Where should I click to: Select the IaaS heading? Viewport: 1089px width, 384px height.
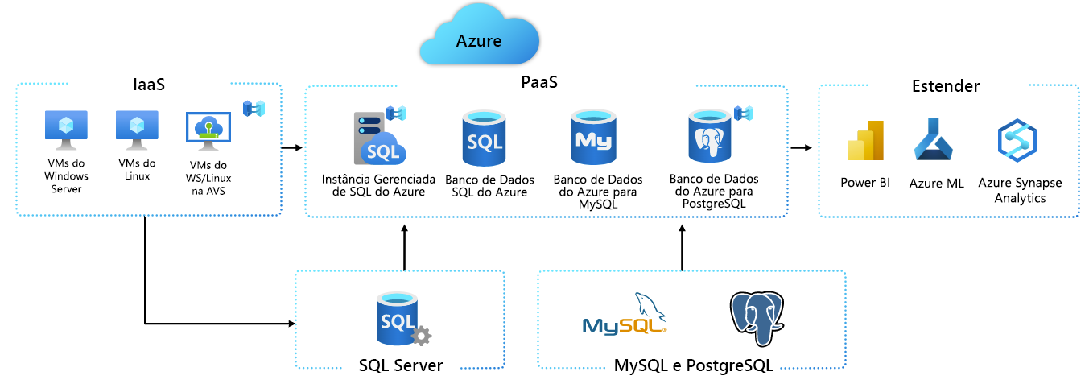pos(149,85)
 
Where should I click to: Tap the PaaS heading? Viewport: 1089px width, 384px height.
pos(539,82)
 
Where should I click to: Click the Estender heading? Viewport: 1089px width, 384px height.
pos(946,86)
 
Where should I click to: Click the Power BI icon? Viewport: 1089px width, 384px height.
pos(865,141)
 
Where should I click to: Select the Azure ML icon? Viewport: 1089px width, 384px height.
pos(934,141)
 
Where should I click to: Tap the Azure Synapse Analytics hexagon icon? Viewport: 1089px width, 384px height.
pos(1017,141)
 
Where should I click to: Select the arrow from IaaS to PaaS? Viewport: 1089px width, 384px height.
pos(291,148)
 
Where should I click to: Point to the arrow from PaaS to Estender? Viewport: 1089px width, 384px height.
pos(801,148)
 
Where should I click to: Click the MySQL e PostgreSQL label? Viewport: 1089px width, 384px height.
pos(693,366)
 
